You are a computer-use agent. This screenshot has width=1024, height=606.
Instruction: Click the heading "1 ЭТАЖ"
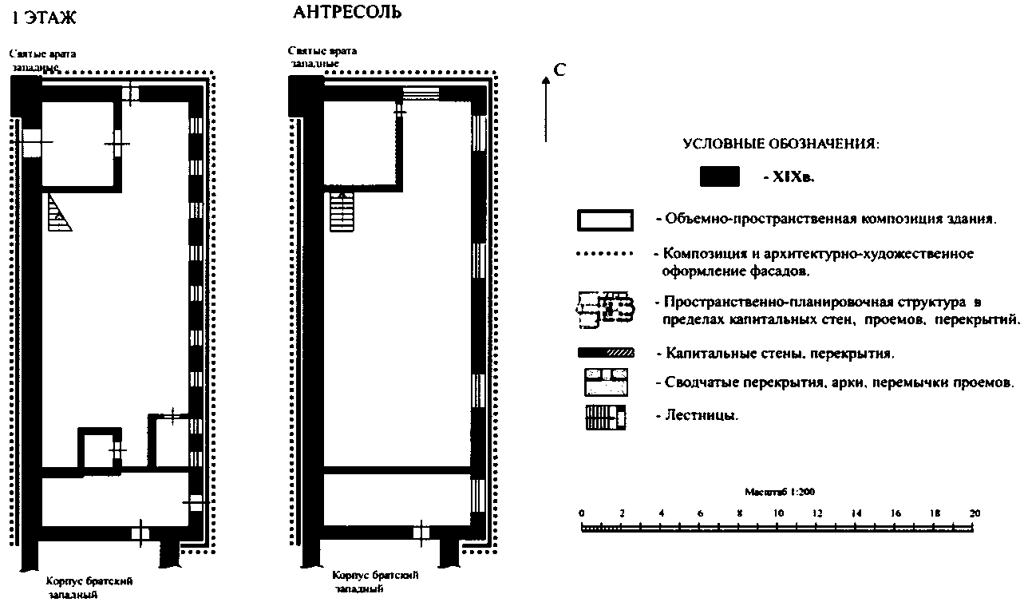pyautogui.click(x=45, y=17)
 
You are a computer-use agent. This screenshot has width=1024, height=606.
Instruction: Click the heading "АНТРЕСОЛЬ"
pyautogui.click(x=346, y=12)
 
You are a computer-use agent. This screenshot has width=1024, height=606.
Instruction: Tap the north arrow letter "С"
pyautogui.click(x=559, y=70)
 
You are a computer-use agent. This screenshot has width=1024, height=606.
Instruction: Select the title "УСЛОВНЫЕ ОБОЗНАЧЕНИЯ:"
pyautogui.click(x=781, y=145)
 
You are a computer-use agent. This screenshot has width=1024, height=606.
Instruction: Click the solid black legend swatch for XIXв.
pyautogui.click(x=719, y=177)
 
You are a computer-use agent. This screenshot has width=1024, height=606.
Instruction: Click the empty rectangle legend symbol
pyautogui.click(x=605, y=220)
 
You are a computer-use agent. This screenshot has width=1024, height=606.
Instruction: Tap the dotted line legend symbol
pyautogui.click(x=605, y=255)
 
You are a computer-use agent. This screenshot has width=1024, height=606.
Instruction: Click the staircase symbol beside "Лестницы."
pyautogui.click(x=606, y=417)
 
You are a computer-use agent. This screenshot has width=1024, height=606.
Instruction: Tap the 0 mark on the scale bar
pyautogui.click(x=582, y=513)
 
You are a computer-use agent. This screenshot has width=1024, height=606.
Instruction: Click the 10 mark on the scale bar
pyautogui.click(x=778, y=513)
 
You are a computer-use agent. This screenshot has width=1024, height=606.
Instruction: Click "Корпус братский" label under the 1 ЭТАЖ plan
pyautogui.click(x=89, y=581)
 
